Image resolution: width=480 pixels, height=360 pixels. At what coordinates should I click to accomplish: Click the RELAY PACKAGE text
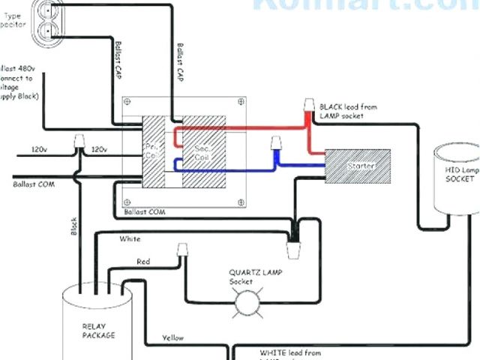point(98,330)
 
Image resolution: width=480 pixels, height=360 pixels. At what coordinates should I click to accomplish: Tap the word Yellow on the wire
point(172,338)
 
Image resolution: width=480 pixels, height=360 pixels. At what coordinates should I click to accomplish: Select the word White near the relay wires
point(130,239)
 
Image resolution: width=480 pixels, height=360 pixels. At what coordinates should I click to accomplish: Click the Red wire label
point(145,261)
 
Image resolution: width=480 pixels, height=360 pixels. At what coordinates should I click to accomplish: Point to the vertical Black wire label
point(74,226)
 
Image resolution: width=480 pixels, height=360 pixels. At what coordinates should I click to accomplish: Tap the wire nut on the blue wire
point(276,142)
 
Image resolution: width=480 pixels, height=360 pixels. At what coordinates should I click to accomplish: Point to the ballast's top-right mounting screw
point(240,106)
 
